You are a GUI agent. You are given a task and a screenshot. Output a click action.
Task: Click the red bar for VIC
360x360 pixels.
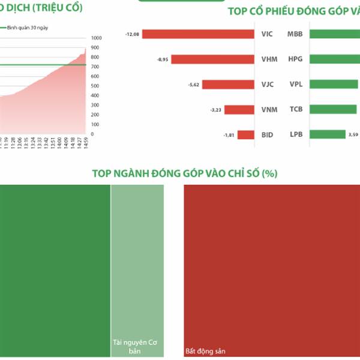coord(198,34)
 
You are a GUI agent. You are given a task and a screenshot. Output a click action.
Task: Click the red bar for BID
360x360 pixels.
coord(246,135)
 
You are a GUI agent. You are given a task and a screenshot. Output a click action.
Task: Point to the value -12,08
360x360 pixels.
coord(132,34)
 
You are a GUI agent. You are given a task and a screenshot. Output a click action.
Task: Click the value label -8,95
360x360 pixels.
coord(163,59)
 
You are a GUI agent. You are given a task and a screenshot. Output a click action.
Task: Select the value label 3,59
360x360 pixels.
coord(353,135)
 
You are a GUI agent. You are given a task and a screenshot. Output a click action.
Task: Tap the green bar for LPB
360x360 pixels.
coord(327,135)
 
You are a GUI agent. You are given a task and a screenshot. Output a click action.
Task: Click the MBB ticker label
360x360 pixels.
coord(295,34)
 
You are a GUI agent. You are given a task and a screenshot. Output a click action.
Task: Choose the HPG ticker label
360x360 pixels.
coord(295,59)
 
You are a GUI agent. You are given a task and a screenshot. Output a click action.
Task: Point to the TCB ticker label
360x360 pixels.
coord(296,110)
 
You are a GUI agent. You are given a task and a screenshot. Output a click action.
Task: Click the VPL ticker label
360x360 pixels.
coord(296,85)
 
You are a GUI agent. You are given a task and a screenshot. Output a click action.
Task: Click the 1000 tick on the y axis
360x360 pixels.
coord(97,38)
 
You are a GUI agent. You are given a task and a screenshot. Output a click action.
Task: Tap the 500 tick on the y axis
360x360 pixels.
coord(95,86)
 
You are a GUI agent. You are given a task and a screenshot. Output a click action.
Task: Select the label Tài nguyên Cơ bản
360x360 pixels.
coord(137,347)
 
